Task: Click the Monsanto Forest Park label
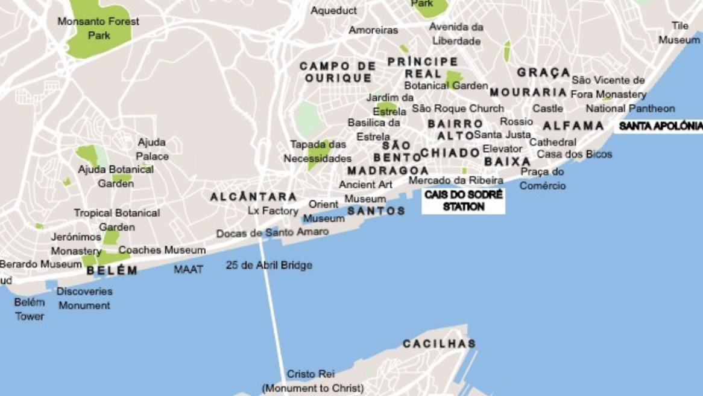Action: tap(98, 28)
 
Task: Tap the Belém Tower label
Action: tap(30, 309)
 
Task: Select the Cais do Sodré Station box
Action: tap(463, 201)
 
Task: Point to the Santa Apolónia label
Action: tap(660, 126)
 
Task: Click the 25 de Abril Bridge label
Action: tap(269, 265)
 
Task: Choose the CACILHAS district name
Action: tap(439, 344)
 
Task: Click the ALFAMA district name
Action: tap(573, 126)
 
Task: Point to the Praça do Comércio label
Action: tap(543, 179)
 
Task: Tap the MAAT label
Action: tap(189, 269)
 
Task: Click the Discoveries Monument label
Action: tap(84, 298)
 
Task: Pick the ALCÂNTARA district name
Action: tap(253, 197)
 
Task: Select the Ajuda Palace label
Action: tap(152, 149)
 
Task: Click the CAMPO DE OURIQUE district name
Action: tap(338, 72)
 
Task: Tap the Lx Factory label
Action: tap(273, 211)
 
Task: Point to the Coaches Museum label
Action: tap(162, 250)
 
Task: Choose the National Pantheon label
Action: tap(630, 109)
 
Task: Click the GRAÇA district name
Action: tap(543, 73)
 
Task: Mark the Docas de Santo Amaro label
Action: tap(273, 232)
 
